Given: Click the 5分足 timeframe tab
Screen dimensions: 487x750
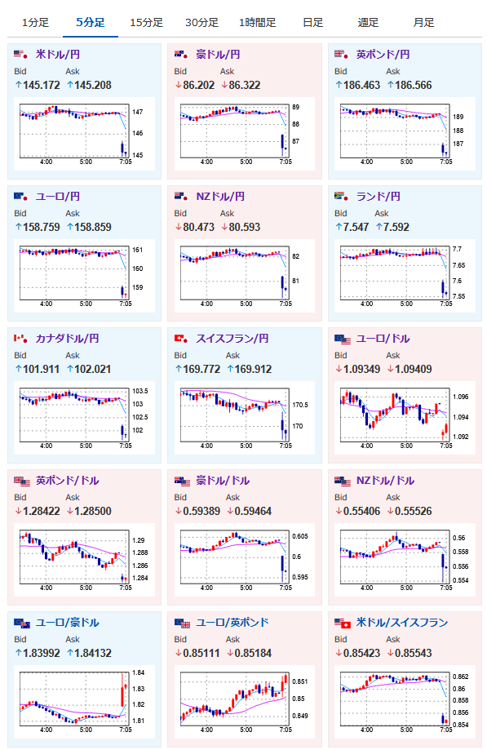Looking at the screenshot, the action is (91, 23).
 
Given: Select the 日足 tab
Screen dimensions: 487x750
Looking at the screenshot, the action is (313, 23).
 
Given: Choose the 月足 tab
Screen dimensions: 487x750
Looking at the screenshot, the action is (423, 23).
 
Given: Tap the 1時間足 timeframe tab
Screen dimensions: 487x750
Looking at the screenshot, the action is (257, 23).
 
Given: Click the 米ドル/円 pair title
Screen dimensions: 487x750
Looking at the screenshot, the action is (58, 55).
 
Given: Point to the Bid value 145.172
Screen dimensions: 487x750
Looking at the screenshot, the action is (41, 85).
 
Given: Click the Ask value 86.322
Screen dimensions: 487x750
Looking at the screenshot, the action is (245, 85).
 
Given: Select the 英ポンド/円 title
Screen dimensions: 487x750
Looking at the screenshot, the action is (383, 55).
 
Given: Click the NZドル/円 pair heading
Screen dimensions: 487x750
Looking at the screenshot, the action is (220, 197).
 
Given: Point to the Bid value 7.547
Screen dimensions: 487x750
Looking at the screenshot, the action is (356, 227).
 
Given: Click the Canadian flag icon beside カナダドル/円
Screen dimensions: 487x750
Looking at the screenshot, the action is (20, 339).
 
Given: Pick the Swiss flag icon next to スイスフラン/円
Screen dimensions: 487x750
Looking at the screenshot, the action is (181, 339).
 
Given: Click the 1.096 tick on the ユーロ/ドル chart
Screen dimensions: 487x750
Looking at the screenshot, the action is (461, 397).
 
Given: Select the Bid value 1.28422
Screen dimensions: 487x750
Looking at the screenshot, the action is (41, 512).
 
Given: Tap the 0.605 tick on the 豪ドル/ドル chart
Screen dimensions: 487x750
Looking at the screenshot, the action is (300, 536).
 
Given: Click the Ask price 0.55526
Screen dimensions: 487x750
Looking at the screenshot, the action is (414, 512).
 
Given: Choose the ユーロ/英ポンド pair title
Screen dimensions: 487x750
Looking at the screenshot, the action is (232, 623).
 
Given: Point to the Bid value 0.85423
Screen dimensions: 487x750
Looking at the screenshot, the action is (362, 654).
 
